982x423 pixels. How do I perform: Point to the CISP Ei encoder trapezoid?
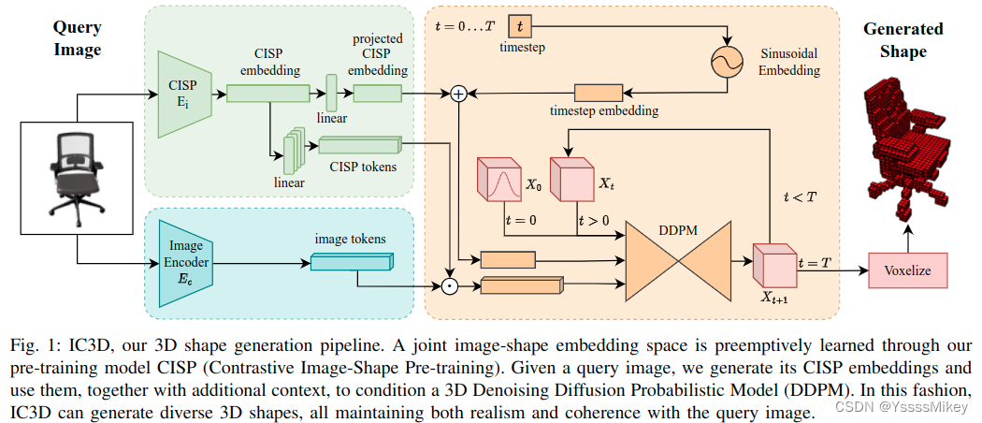[181, 95]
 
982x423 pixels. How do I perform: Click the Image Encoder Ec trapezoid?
[184, 263]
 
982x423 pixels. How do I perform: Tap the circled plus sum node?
[458, 93]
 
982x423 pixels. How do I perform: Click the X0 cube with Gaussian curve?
[499, 180]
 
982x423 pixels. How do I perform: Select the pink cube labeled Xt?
[570, 179]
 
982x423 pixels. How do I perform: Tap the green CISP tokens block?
[357, 145]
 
